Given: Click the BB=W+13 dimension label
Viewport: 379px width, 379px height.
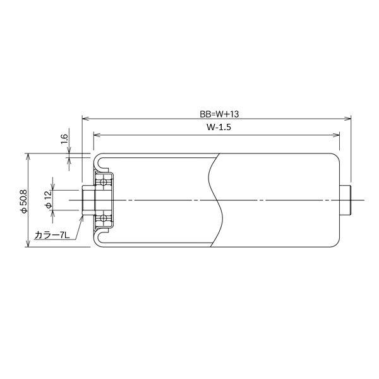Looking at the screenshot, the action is tap(219, 114).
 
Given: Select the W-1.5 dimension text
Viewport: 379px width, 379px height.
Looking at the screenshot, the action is tap(219, 127).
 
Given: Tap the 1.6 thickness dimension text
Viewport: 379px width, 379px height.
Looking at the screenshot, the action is tap(64, 139).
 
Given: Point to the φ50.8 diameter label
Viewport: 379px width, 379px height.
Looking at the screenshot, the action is tap(25, 201).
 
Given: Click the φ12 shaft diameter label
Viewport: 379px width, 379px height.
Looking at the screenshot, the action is tap(49, 200).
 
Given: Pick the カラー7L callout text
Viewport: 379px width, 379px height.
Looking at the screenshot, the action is tap(52, 235).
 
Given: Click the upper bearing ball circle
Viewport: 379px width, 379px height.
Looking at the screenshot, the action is tap(104, 182).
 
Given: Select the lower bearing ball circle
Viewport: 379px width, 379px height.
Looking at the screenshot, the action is tap(104, 218).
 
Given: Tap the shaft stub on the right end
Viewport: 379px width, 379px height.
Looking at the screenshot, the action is tap(345, 200).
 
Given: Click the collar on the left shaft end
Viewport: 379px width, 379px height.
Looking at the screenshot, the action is tap(88, 200).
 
